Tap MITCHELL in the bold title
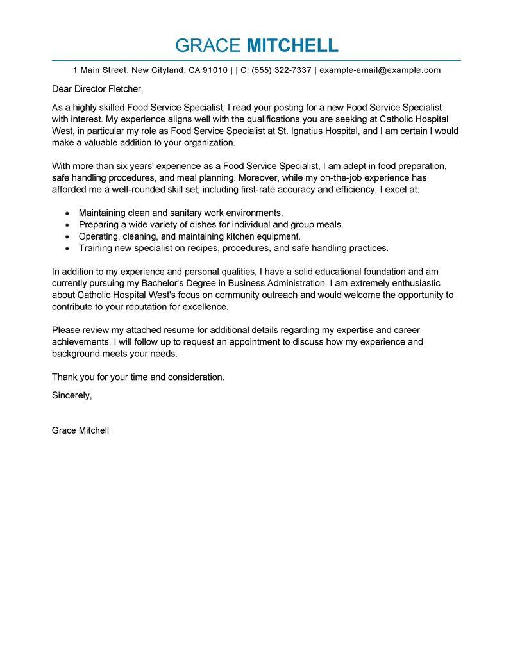tap(292, 45)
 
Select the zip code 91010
tap(214, 70)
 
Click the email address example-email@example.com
tap(380, 70)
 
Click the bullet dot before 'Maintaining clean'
tap(67, 213)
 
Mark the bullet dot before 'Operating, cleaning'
tap(67, 236)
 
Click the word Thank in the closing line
tap(64, 377)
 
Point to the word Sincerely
tap(72, 395)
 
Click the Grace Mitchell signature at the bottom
tap(80, 430)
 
